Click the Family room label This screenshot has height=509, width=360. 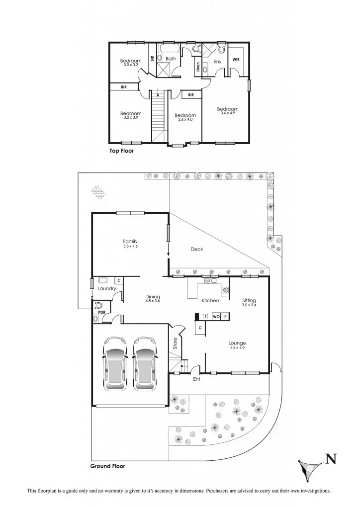[x=130, y=242]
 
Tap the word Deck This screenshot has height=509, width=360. [x=197, y=250]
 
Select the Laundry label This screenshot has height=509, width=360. [x=107, y=289]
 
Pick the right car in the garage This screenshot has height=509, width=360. [x=145, y=362]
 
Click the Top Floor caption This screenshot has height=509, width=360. [x=122, y=150]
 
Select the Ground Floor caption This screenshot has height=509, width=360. [x=107, y=466]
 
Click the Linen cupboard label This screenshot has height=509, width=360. [x=198, y=68]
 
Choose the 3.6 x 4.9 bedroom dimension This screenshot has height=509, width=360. [x=228, y=113]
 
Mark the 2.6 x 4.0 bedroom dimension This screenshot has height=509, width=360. [x=185, y=120]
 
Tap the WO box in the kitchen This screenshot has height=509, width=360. [x=216, y=316]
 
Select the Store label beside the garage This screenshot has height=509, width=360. [x=175, y=343]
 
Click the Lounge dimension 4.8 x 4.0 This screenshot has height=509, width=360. [x=237, y=348]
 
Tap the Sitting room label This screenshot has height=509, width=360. [x=249, y=301]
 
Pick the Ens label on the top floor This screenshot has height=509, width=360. [x=217, y=62]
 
